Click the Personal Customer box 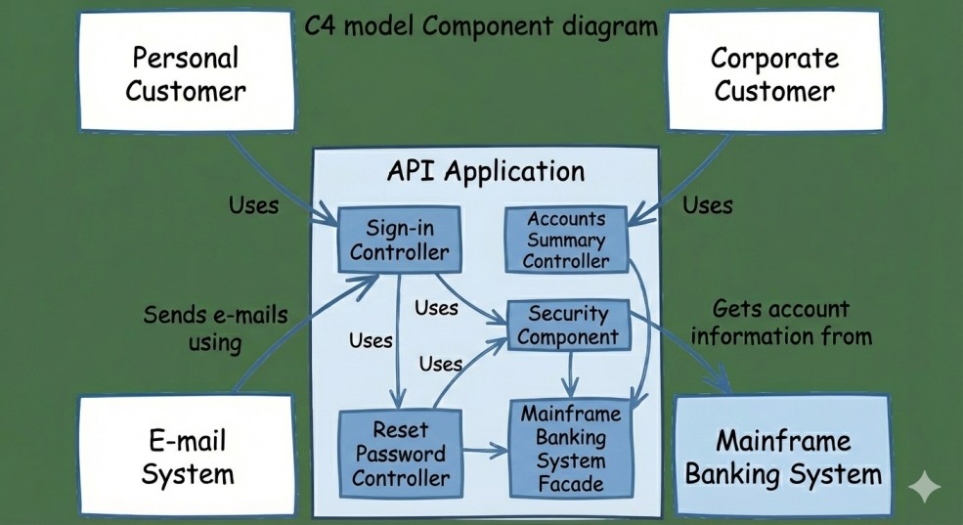point(186,75)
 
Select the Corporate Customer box point(773,74)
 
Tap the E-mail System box point(188,457)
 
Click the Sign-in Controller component point(399,240)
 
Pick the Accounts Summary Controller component point(566,240)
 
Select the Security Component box point(568,326)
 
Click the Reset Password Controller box point(400,454)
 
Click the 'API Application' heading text point(486,171)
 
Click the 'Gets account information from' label point(779,323)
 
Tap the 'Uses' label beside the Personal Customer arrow point(253,205)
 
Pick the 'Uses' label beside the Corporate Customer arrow point(707,205)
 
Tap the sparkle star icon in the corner point(924,488)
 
